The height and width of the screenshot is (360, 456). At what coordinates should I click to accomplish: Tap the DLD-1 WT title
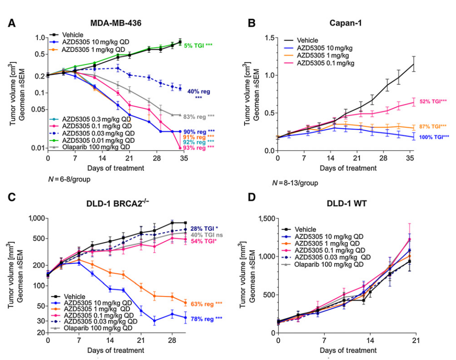click(x=348, y=204)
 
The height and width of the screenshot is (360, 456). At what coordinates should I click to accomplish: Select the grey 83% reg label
click(x=198, y=116)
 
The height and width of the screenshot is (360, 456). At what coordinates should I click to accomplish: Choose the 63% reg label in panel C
click(x=205, y=304)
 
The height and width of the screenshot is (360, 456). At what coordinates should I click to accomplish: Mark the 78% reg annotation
click(x=205, y=319)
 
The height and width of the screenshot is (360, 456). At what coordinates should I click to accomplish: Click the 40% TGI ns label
click(x=207, y=235)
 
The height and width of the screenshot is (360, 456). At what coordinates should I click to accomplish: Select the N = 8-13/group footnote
click(x=295, y=183)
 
